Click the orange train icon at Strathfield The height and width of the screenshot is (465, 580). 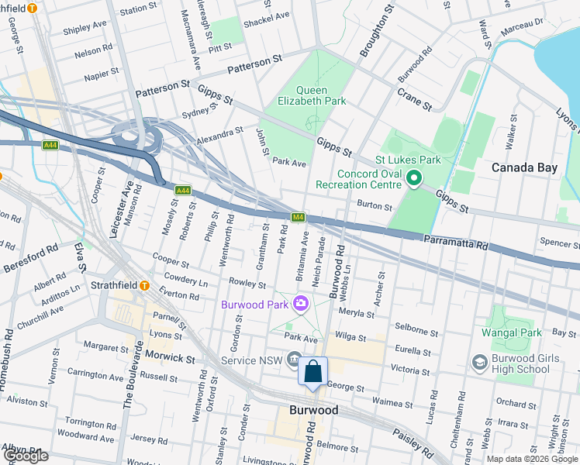tap(144, 285)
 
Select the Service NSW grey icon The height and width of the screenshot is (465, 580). tap(294, 358)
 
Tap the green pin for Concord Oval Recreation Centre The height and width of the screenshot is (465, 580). tap(413, 179)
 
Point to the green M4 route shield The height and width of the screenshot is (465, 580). tap(298, 217)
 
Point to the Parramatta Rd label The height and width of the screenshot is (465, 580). tap(456, 242)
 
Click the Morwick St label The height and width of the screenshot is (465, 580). tap(170, 359)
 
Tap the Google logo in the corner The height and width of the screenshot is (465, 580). tap(26, 456)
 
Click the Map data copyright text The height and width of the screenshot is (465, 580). tap(532, 459)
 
